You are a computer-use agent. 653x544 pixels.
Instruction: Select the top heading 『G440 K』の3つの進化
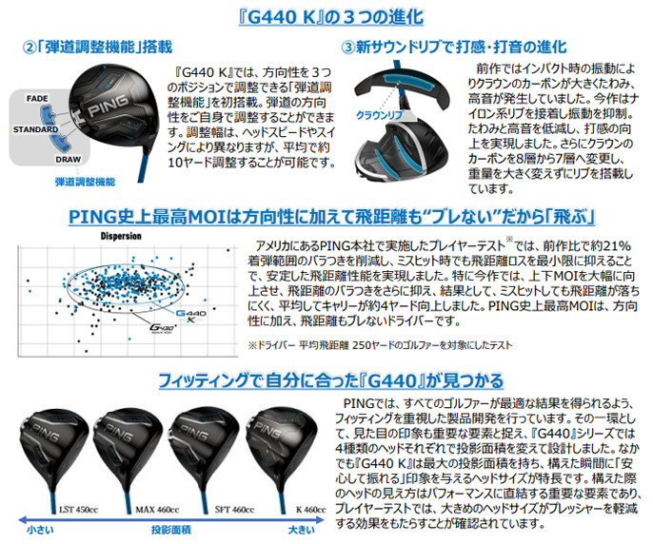[326, 16]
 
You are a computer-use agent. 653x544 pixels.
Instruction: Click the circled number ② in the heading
[30, 47]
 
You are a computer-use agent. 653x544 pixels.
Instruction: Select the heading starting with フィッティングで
[326, 380]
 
